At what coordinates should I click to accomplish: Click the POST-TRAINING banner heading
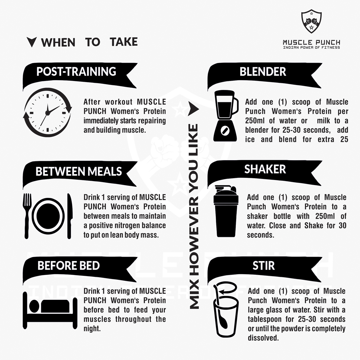[76, 71]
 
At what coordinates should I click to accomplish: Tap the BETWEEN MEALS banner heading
[78, 171]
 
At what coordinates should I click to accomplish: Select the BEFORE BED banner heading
[68, 265]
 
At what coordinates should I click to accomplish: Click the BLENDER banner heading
[263, 72]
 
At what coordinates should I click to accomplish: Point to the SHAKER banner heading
[265, 169]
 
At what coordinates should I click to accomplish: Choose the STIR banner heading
[264, 266]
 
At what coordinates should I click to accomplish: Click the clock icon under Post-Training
[48, 112]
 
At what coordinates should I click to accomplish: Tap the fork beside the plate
[27, 216]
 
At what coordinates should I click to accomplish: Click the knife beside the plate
[69, 216]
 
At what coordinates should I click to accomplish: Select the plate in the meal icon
[48, 216]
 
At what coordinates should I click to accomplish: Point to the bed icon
[50, 310]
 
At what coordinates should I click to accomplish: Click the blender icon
[226, 116]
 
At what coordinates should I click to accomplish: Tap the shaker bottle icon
[226, 211]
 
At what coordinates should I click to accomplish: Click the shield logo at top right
[311, 21]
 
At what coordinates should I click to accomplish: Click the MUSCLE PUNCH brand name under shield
[311, 42]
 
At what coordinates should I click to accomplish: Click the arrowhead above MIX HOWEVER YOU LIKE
[193, 109]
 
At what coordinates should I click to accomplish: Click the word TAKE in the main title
[124, 42]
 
